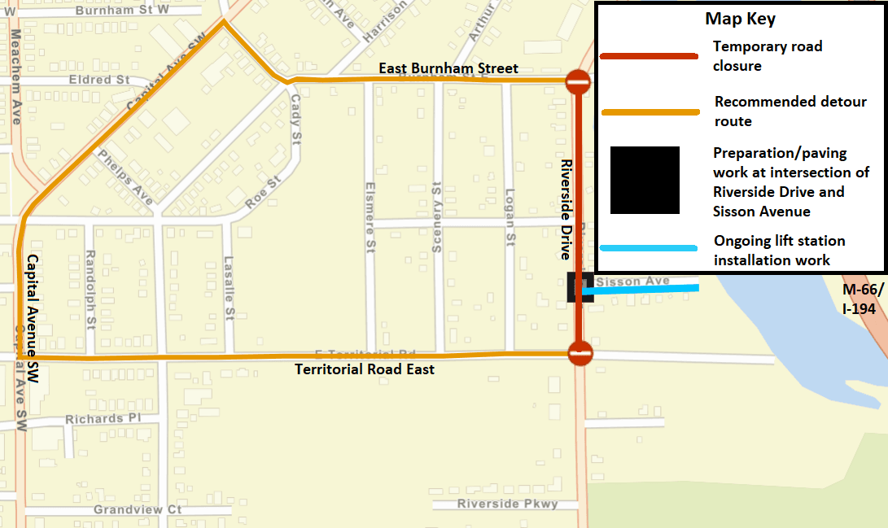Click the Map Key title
tap(740, 20)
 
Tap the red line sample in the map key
tap(649, 56)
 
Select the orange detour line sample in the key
tap(649, 112)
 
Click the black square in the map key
tap(645, 180)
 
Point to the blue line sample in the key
tap(649, 249)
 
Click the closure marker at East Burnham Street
tap(579, 81)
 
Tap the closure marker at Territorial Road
tap(580, 353)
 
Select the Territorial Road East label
tap(364, 369)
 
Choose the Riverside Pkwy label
tap(507, 504)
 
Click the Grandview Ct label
tap(137, 509)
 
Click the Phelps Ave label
tap(125, 177)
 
